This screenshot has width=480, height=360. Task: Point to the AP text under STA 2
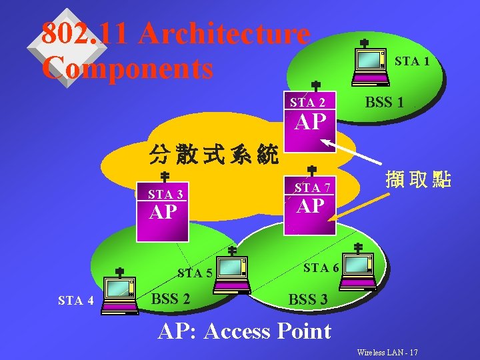click(310, 122)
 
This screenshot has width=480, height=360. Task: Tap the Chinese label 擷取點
click(418, 179)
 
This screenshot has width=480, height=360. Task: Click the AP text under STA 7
click(310, 206)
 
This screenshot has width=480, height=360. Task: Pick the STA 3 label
click(165, 195)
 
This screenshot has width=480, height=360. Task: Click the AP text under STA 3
click(164, 213)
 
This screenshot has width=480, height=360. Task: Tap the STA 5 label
click(195, 272)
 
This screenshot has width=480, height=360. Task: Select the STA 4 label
click(75, 301)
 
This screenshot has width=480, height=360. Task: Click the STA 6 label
click(321, 267)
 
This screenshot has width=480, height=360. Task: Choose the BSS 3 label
click(307, 300)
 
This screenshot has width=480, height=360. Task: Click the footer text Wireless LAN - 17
click(387, 351)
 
